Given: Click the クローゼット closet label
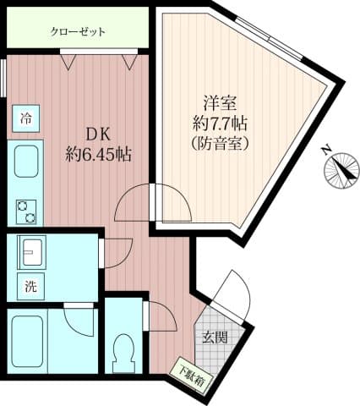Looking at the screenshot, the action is pos(78,31).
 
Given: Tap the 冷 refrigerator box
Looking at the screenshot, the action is pos(25,118).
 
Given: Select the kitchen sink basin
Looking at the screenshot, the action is pos(26,161).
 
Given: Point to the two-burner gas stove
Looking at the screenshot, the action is pos(26,211).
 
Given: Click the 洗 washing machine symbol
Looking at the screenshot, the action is pos(30,287).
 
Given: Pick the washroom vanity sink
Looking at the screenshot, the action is pos(31,251).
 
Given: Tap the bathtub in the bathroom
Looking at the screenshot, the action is pos(27,340).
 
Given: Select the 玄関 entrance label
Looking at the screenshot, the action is pos(215,337).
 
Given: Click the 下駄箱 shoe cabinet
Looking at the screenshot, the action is pos(193,376).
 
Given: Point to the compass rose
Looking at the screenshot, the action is pos(342,171).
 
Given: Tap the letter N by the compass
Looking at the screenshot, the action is pos(327,150).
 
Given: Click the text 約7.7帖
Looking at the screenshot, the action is pos(220,124).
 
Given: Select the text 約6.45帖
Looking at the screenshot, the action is pos(99,155).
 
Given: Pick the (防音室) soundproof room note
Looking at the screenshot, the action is pos(220,144).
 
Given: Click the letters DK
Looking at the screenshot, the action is pos(98,135).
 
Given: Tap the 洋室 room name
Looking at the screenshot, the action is pos(221,103).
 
